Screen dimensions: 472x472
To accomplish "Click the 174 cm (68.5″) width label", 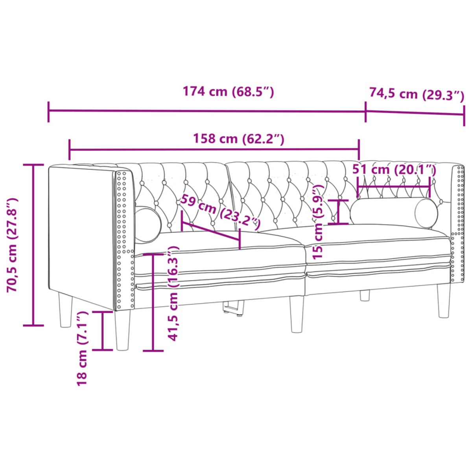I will point(228,92).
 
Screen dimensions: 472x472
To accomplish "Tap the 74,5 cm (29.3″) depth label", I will point(417,95).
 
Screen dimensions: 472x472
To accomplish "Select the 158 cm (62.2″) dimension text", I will point(238,138).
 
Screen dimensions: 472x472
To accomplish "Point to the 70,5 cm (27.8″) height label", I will point(13,245).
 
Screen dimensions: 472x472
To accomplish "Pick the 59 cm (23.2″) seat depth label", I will point(220,213).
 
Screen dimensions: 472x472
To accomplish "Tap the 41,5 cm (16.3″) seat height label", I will point(173,293).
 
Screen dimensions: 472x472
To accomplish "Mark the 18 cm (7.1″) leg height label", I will point(82,348).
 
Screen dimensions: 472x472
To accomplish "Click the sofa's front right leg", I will point(444,300).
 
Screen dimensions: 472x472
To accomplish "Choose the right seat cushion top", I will point(378,236).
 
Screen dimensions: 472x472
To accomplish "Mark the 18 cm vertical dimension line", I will point(102,330).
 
